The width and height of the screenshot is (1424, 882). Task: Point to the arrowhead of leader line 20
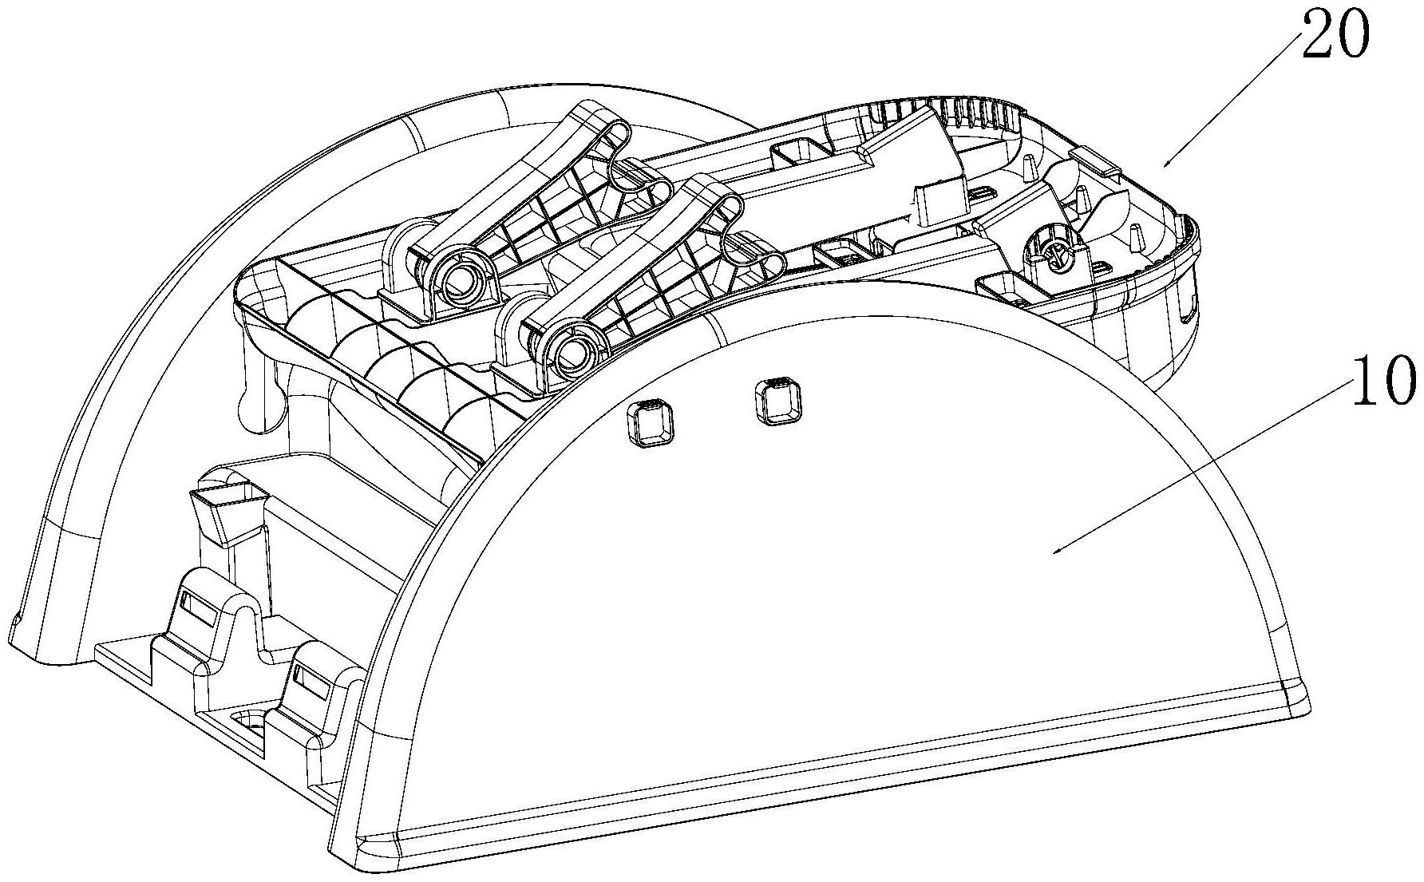pos(1165,166)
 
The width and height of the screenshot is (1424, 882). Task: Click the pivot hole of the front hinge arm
pos(572,350)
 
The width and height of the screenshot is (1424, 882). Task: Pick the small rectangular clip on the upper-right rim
pos(1097,160)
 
